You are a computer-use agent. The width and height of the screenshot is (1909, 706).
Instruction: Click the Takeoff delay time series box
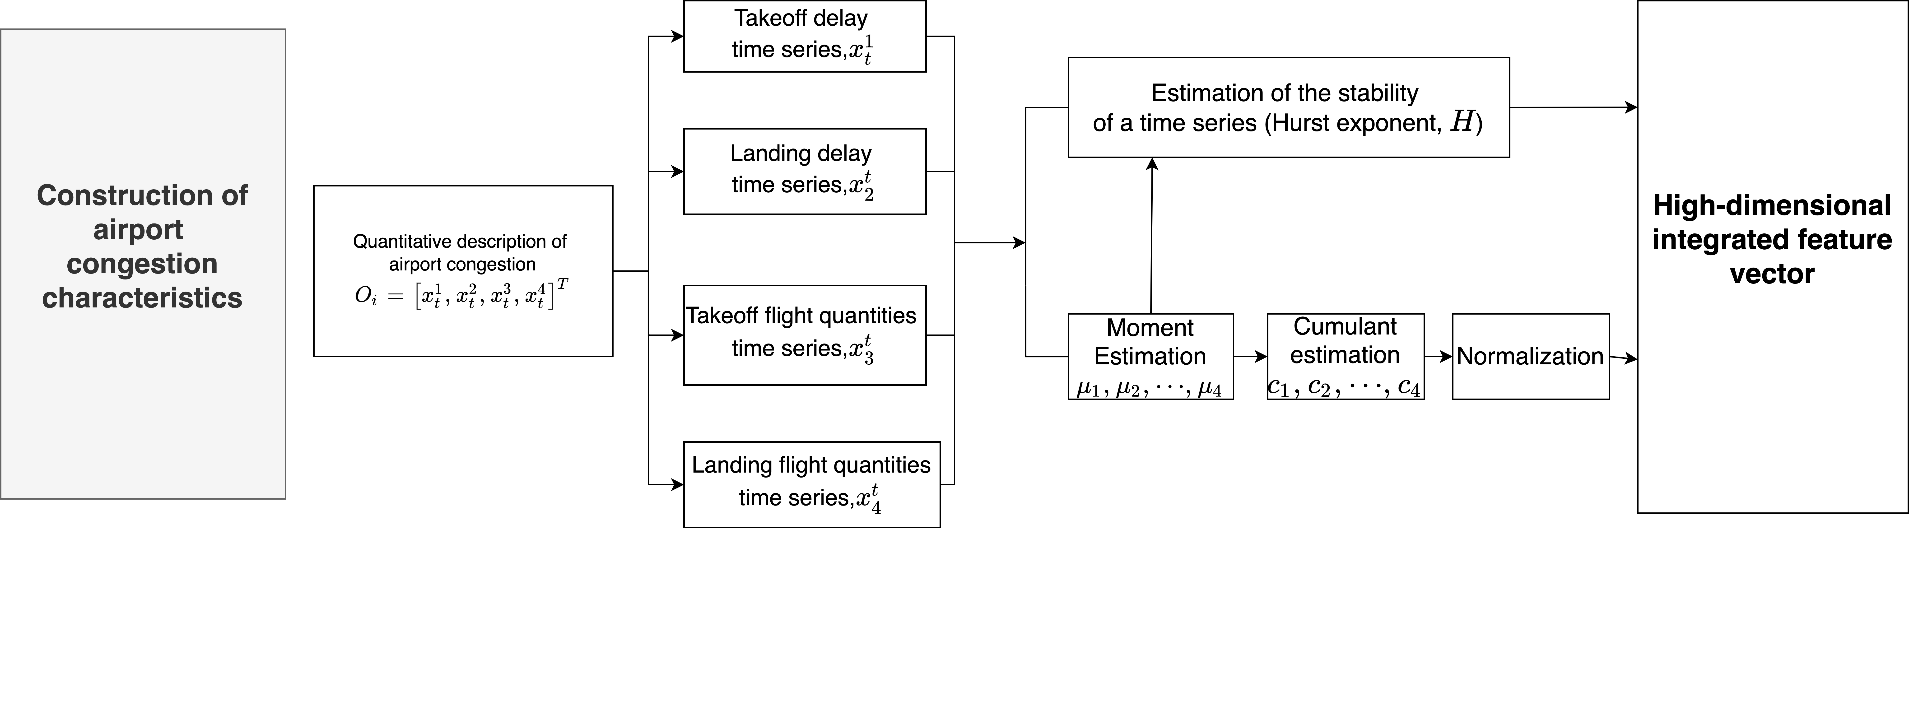(804, 36)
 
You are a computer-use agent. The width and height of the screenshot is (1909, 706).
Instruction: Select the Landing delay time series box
(804, 171)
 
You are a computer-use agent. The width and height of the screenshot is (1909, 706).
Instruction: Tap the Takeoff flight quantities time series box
(804, 335)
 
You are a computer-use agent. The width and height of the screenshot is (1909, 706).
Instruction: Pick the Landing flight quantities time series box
(811, 484)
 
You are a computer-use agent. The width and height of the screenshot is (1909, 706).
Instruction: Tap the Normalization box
(1530, 356)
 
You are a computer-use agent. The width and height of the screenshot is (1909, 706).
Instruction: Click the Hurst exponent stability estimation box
(1288, 107)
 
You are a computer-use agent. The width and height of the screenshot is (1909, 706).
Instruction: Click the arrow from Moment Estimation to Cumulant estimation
(1250, 356)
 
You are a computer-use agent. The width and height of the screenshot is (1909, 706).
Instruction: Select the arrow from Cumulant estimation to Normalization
(1438, 356)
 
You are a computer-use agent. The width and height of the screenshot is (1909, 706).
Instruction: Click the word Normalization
(1530, 356)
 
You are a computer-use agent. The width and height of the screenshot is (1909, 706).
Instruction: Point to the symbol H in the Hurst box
(1461, 121)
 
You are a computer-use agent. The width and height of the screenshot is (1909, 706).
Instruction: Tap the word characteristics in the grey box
(142, 298)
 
